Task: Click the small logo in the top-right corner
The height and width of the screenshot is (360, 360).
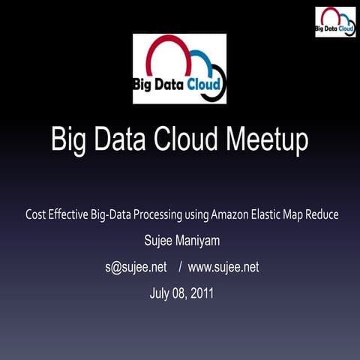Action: click(334, 22)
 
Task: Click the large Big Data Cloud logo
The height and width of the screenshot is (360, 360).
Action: click(180, 69)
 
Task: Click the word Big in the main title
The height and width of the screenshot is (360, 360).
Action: click(69, 139)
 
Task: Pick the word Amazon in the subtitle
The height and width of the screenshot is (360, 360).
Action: click(232, 215)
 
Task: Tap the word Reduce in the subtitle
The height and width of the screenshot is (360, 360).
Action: click(321, 215)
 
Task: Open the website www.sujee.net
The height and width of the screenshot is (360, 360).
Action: click(223, 267)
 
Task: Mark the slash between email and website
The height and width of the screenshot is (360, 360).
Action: click(178, 267)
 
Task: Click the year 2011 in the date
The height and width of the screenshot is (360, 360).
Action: click(201, 292)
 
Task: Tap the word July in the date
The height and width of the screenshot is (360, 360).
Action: click(161, 292)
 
